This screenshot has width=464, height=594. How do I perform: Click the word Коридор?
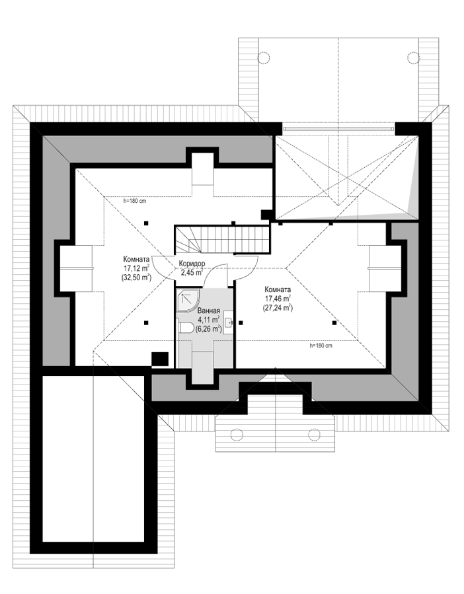point(192,263)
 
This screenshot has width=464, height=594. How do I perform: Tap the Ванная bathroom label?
point(208,311)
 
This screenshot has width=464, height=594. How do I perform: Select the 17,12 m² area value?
point(136,268)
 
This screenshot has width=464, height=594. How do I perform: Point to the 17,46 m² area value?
point(278,298)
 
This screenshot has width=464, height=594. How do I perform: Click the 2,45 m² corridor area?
point(192,272)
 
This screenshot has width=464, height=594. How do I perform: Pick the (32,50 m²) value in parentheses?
point(136,277)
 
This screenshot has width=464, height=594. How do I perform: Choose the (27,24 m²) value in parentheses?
point(278,308)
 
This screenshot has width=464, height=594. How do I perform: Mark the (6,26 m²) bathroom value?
point(208,329)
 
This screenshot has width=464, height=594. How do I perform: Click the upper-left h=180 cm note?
point(135,201)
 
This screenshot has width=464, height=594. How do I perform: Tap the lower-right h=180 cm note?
point(321,346)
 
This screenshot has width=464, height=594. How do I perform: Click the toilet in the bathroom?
point(185,327)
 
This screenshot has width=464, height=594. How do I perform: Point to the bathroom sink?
point(228,322)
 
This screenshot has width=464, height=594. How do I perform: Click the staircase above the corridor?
point(223,239)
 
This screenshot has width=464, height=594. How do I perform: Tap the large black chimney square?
point(160,359)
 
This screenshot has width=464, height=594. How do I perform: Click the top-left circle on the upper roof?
point(263,57)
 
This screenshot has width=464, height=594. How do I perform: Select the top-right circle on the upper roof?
point(414,57)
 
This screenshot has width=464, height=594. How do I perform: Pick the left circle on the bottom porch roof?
point(237,434)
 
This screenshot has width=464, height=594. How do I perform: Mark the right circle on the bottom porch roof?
point(314,434)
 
